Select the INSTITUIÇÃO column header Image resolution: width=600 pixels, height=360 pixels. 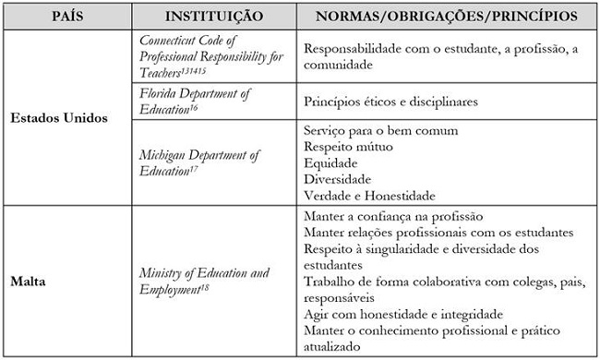click(212, 18)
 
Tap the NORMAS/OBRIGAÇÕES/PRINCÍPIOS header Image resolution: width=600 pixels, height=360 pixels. click(447, 18)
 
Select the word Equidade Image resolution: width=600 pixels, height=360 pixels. click(330, 162)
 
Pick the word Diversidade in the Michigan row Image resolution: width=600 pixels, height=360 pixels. click(337, 178)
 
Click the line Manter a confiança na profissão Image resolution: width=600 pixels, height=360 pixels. click(392, 215)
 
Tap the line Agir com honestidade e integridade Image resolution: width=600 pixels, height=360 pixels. click(402, 315)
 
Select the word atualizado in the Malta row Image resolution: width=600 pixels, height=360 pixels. click(335, 347)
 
